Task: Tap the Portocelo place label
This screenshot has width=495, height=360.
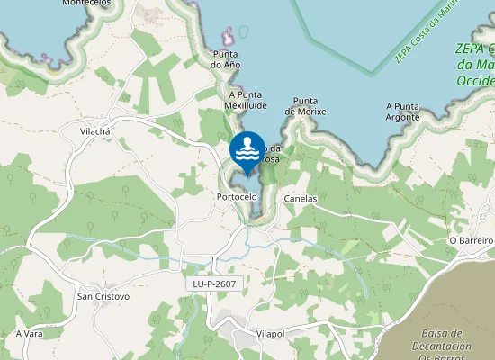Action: coord(238,196)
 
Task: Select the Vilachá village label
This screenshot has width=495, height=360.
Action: coord(94,131)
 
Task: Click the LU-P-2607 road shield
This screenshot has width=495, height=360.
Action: coord(214,283)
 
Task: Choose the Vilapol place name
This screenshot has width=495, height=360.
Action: coord(270,334)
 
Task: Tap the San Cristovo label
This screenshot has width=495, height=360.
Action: coord(103,296)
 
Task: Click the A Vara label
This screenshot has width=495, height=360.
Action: coord(30,334)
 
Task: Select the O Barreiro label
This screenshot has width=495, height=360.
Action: coord(472,241)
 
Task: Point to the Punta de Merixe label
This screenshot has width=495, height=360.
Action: coord(305,106)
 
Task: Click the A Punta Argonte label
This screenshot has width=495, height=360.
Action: coord(402,112)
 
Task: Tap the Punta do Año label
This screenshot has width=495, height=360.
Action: coord(225,59)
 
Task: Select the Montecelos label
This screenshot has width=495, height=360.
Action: coord(86,4)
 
